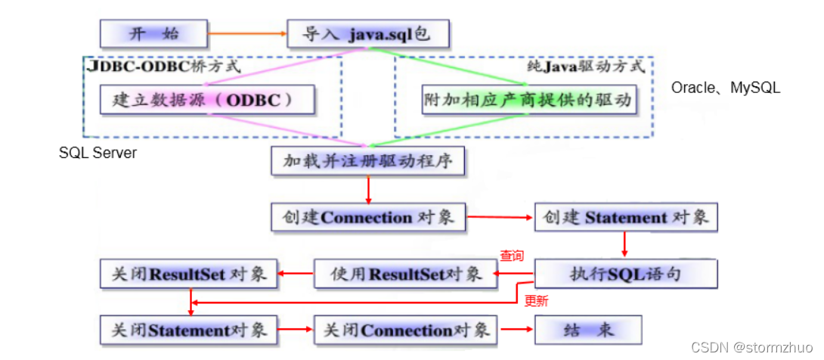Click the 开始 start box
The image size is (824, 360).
[153, 33]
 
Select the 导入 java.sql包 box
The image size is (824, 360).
[367, 33]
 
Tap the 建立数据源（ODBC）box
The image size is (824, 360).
[206, 99]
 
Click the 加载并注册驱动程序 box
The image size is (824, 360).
[367, 160]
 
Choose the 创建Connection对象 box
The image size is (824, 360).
[367, 217]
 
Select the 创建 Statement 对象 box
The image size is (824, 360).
[626, 217]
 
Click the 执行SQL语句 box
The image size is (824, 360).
[626, 273]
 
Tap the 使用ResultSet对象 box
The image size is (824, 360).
[406, 273]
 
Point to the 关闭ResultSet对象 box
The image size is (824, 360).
[189, 273]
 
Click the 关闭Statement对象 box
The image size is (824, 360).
[189, 330]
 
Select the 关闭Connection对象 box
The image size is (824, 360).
[406, 330]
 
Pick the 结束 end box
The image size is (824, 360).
[588, 330]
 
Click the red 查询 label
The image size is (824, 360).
[511, 256]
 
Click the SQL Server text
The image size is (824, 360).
[98, 153]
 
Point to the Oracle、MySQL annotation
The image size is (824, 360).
[725, 88]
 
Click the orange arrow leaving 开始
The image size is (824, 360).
[246, 33]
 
